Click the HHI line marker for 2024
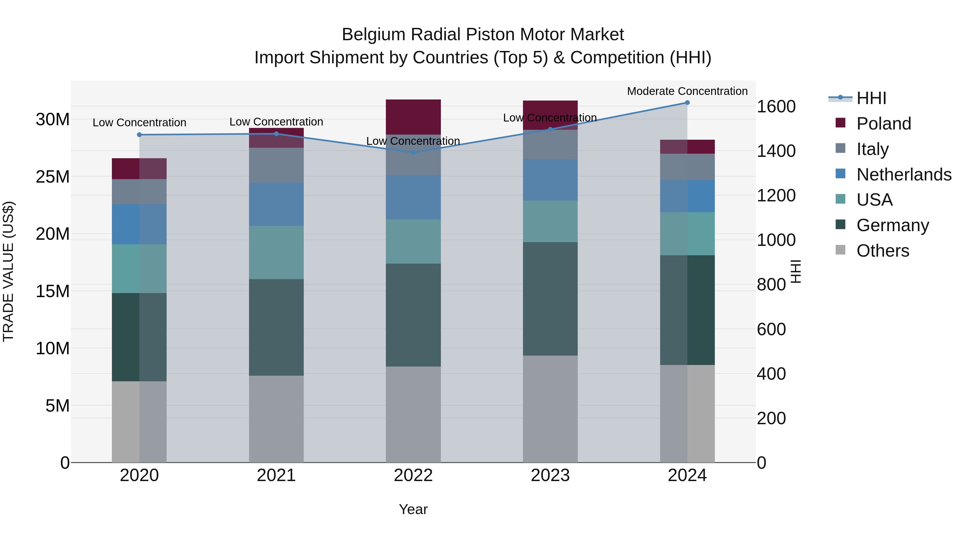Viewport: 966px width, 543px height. point(687,103)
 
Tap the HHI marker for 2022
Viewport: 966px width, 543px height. point(413,153)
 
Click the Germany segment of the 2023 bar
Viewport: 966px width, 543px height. point(550,299)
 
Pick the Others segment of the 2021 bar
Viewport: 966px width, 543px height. point(276,419)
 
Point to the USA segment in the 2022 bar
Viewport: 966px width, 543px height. point(413,241)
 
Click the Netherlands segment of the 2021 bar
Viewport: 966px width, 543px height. point(276,204)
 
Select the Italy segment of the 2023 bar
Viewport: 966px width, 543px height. point(550,145)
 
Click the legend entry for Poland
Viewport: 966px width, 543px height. point(884,124)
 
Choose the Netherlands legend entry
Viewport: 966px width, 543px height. point(904,175)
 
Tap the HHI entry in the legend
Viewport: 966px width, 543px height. point(871,98)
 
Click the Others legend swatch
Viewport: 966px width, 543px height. point(840,250)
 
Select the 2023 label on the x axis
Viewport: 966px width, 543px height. point(550,475)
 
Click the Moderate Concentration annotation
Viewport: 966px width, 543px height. point(687,91)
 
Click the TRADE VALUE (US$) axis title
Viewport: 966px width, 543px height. point(8,271)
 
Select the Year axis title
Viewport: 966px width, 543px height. point(413,509)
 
